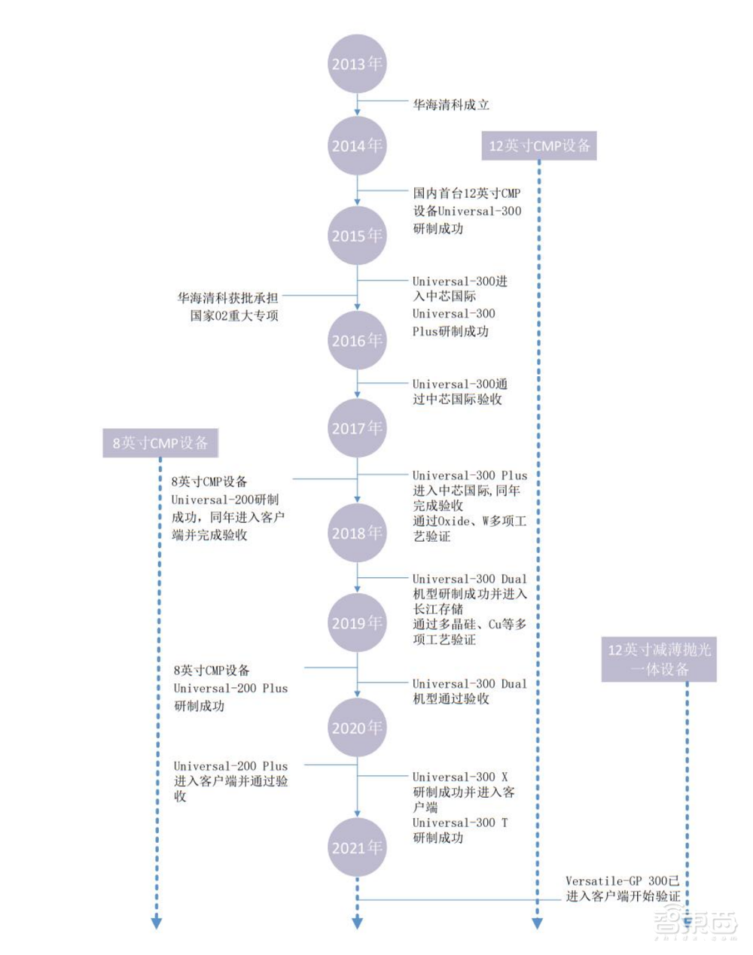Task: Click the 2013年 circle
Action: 357,64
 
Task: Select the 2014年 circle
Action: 357,146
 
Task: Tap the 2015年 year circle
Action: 357,236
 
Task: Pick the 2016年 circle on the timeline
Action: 357,340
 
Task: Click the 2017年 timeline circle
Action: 357,428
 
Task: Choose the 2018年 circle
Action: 357,533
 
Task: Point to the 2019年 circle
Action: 357,623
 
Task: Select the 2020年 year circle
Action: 357,728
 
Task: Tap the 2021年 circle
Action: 357,847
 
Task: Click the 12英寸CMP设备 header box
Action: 539,145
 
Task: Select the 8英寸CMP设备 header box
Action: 160,443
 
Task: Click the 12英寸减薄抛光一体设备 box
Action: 659,659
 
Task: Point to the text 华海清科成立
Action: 450,105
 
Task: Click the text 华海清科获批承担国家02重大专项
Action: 228,307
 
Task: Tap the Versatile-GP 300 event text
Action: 623,889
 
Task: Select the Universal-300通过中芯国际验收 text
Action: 459,391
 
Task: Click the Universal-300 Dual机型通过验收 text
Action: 469,691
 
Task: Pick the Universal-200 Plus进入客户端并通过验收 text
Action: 230,780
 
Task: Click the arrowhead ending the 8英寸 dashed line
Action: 157,923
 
